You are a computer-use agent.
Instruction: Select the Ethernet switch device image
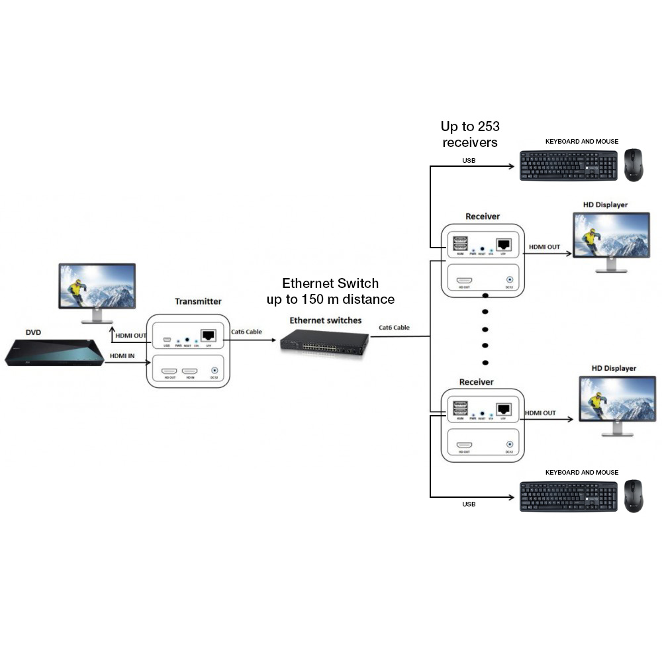pyautogui.click(x=324, y=341)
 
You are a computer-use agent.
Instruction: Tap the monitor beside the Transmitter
pyautogui.click(x=97, y=291)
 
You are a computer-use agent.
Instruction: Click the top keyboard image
pyautogui.click(x=568, y=165)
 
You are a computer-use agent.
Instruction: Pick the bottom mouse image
pyautogui.click(x=633, y=496)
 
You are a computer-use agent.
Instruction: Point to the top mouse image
pyautogui.click(x=633, y=165)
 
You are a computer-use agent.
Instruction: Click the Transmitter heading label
pyautogui.click(x=198, y=301)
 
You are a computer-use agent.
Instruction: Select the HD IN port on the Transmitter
pyautogui.click(x=191, y=372)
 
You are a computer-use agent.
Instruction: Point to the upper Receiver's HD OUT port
pyautogui.click(x=464, y=281)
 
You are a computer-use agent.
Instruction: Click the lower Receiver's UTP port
pyautogui.click(x=503, y=408)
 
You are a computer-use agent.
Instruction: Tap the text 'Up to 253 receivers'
pyautogui.click(x=470, y=134)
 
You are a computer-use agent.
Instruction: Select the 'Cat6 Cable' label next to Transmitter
pyautogui.click(x=247, y=331)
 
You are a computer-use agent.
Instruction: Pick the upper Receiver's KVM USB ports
pyautogui.click(x=460, y=243)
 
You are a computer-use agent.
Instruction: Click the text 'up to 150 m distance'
pyautogui.click(x=330, y=299)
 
